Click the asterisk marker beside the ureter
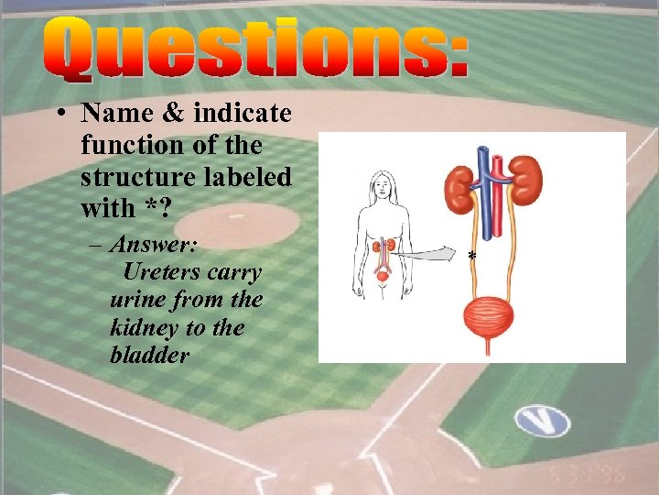[x=471, y=256]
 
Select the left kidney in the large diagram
[x=459, y=183]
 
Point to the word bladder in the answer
[x=149, y=355]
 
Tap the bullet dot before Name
[x=58, y=115]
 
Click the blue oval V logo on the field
[x=542, y=421]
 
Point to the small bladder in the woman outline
[x=383, y=274]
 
